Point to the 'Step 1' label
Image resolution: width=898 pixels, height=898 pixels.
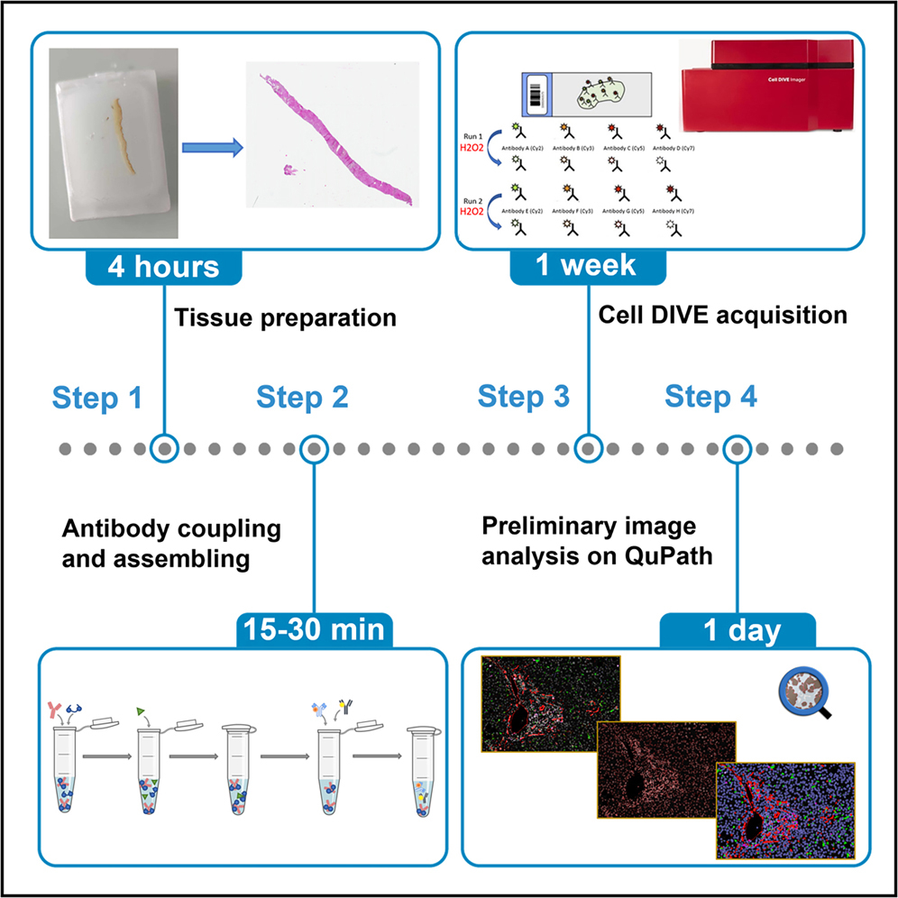(97, 397)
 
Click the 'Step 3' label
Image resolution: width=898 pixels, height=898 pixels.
(524, 397)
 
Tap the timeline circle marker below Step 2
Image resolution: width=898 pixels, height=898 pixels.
(313, 448)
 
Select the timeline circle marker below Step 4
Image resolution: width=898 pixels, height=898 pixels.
(738, 448)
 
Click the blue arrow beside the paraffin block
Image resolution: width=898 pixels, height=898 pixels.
(213, 149)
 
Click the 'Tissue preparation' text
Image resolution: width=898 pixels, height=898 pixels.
(284, 317)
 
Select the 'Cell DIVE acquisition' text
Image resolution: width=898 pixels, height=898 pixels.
(722, 316)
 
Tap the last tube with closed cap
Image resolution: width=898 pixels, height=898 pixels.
(419, 771)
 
